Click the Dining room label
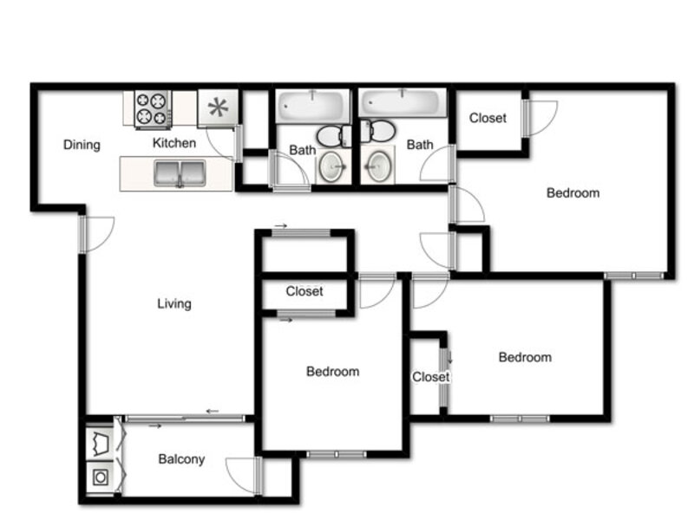(x=82, y=145)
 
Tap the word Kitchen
(x=174, y=143)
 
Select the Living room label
(x=174, y=304)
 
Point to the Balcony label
(x=181, y=459)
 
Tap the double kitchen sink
(x=180, y=174)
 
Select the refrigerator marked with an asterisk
(x=219, y=107)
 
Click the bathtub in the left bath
(x=312, y=106)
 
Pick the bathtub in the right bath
(x=403, y=103)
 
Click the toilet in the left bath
(x=335, y=136)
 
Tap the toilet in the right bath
(x=377, y=131)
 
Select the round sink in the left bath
(x=331, y=166)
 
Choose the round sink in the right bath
(x=379, y=166)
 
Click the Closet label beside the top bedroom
(x=488, y=118)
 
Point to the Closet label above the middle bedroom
(x=304, y=291)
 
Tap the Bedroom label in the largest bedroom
(x=573, y=192)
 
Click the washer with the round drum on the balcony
(x=100, y=478)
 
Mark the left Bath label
(x=303, y=150)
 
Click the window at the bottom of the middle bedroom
(x=337, y=454)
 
